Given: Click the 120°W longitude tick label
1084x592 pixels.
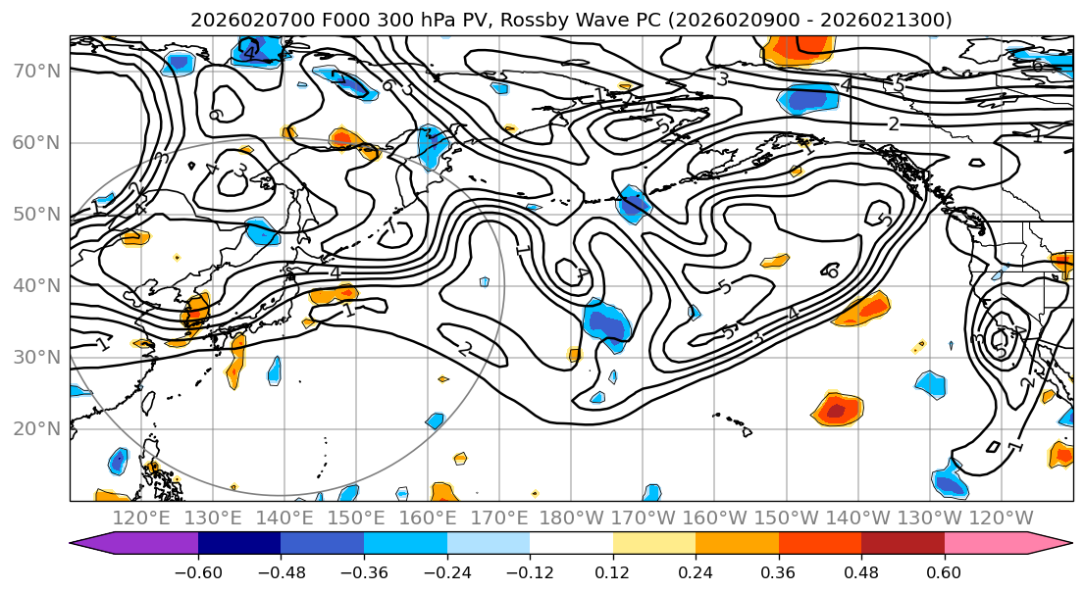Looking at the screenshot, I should click(1001, 518).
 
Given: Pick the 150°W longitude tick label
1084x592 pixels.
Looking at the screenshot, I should click(786, 518).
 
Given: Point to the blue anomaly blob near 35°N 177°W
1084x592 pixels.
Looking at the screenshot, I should click(606, 325).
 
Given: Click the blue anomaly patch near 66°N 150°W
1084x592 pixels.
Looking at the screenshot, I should click(807, 99).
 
